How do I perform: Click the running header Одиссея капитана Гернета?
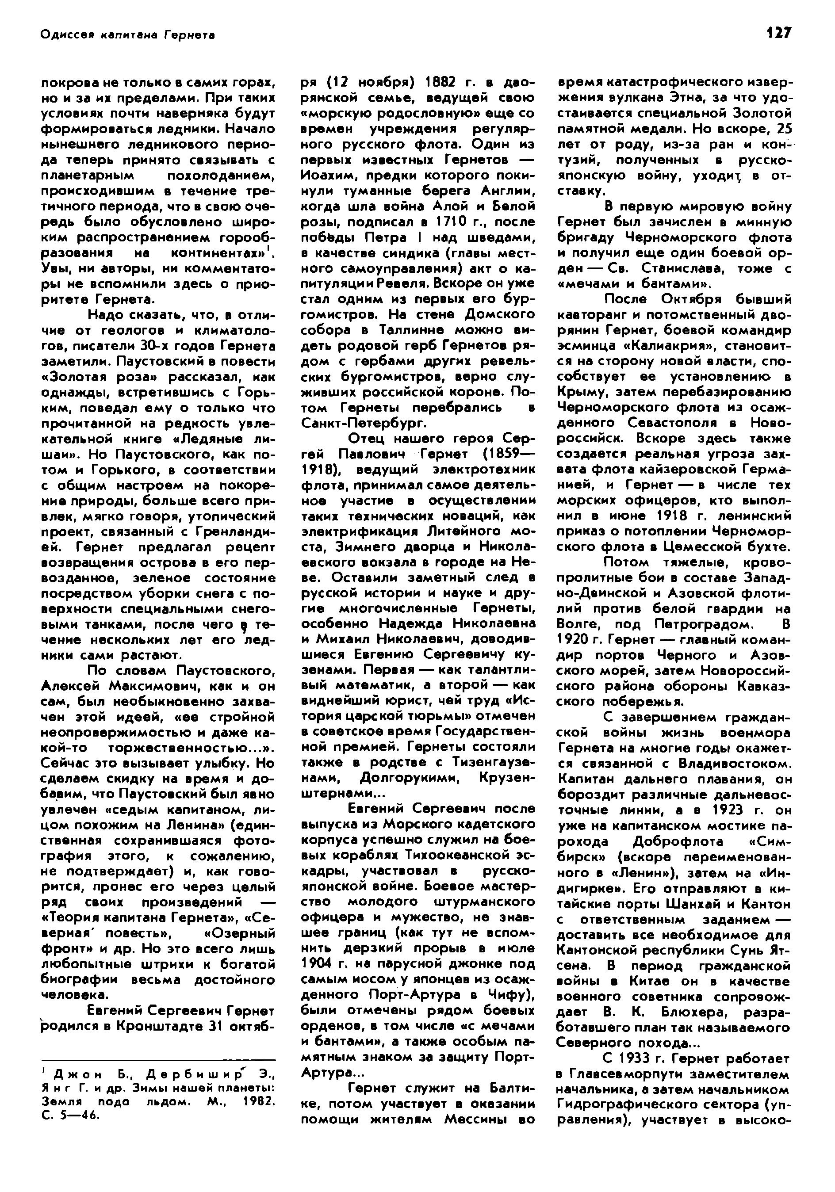(128, 35)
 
